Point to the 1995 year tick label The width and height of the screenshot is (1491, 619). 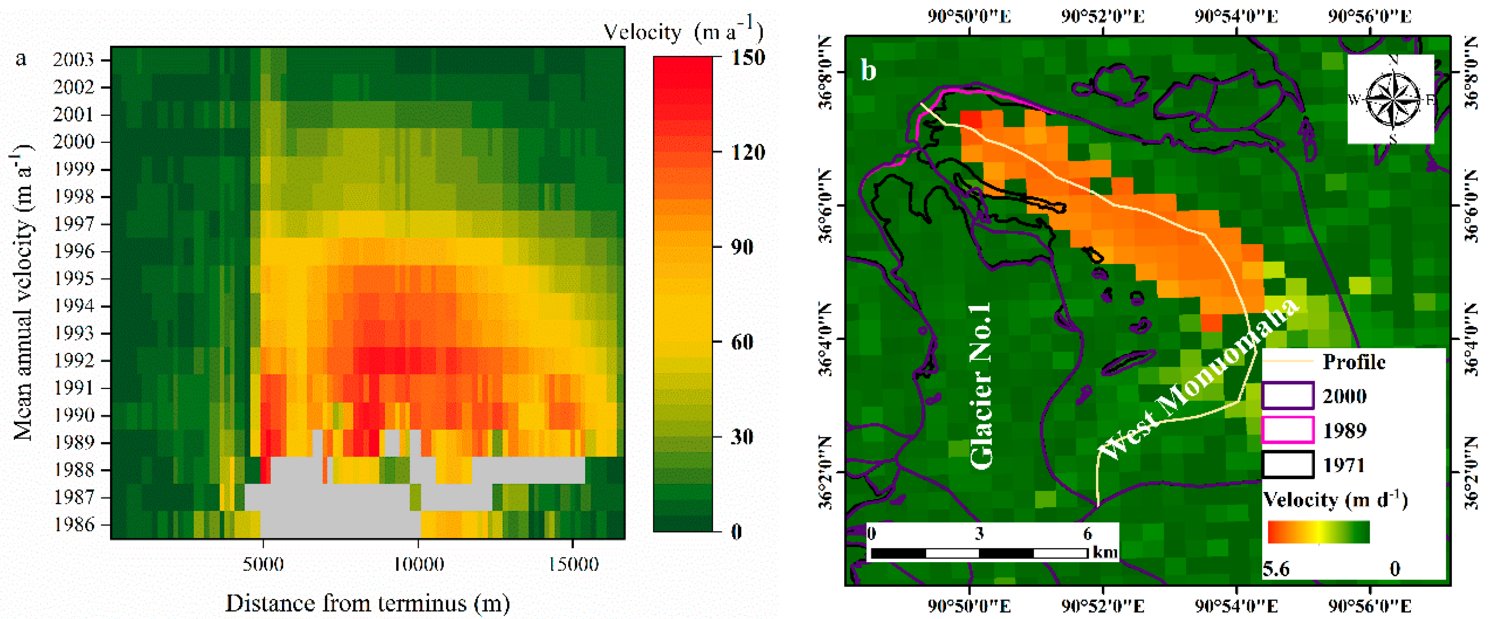coord(73,278)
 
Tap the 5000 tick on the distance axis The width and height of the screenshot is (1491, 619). coord(263,564)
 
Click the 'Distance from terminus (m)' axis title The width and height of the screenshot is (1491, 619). coord(368,603)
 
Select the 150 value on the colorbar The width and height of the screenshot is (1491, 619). coord(748,57)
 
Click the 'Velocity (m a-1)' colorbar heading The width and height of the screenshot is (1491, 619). coord(683,32)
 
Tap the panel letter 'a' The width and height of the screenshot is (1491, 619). coord(22,59)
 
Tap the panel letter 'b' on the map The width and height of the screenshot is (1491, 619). coord(868,71)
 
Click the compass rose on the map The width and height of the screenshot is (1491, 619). coord(1393,100)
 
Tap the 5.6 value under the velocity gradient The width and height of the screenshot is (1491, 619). coord(1276,569)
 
